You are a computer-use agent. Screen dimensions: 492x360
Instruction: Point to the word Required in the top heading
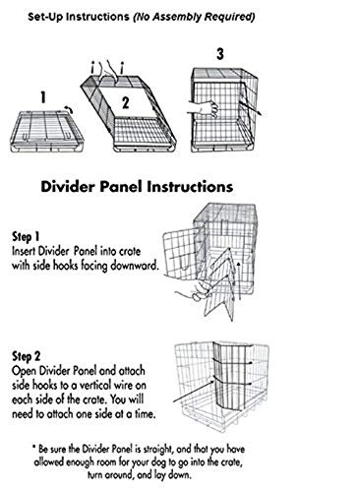point(236,17)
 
